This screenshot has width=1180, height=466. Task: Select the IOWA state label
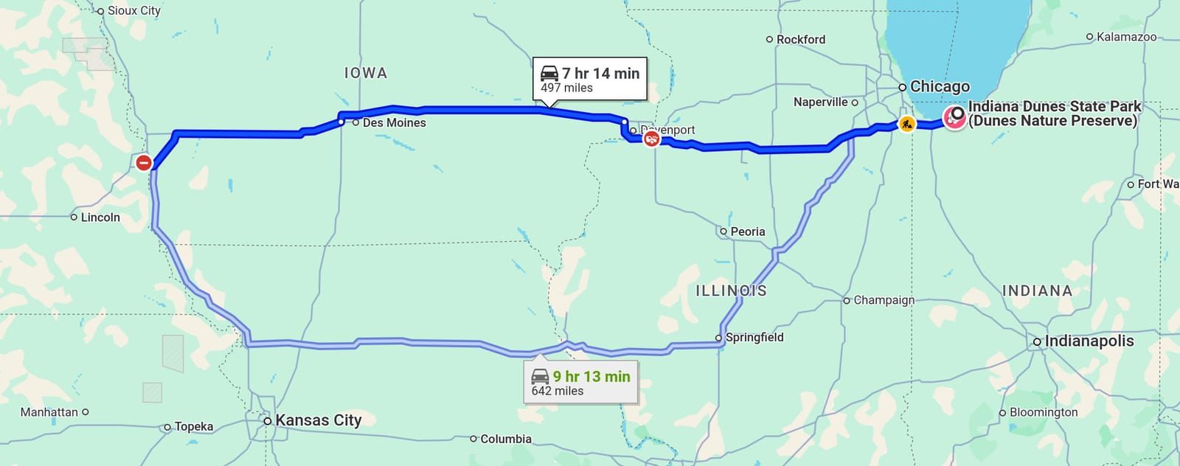pos(366,73)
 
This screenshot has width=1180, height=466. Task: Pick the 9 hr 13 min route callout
pos(581,383)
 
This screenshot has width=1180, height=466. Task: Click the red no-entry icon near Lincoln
pos(144,162)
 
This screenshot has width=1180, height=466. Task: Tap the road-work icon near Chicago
pos(906,124)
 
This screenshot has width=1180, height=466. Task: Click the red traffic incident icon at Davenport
pos(651,138)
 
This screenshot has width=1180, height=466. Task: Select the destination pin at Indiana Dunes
pos(956,115)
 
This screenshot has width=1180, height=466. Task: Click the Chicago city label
pos(940,86)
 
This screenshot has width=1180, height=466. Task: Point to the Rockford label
pos(800,39)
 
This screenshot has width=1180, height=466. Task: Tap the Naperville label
pos(820,102)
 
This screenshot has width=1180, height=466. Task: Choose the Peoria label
pos(747,232)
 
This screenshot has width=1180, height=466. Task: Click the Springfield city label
pos(754,337)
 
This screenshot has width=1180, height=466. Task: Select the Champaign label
pos(884,300)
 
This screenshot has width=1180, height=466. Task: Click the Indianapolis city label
pos(1089,341)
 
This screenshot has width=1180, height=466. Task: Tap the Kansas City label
pos(318,420)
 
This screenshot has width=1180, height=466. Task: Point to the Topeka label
pos(193,426)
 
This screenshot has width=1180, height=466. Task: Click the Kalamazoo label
pos(1126,36)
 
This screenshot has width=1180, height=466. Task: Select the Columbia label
pos(505,439)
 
